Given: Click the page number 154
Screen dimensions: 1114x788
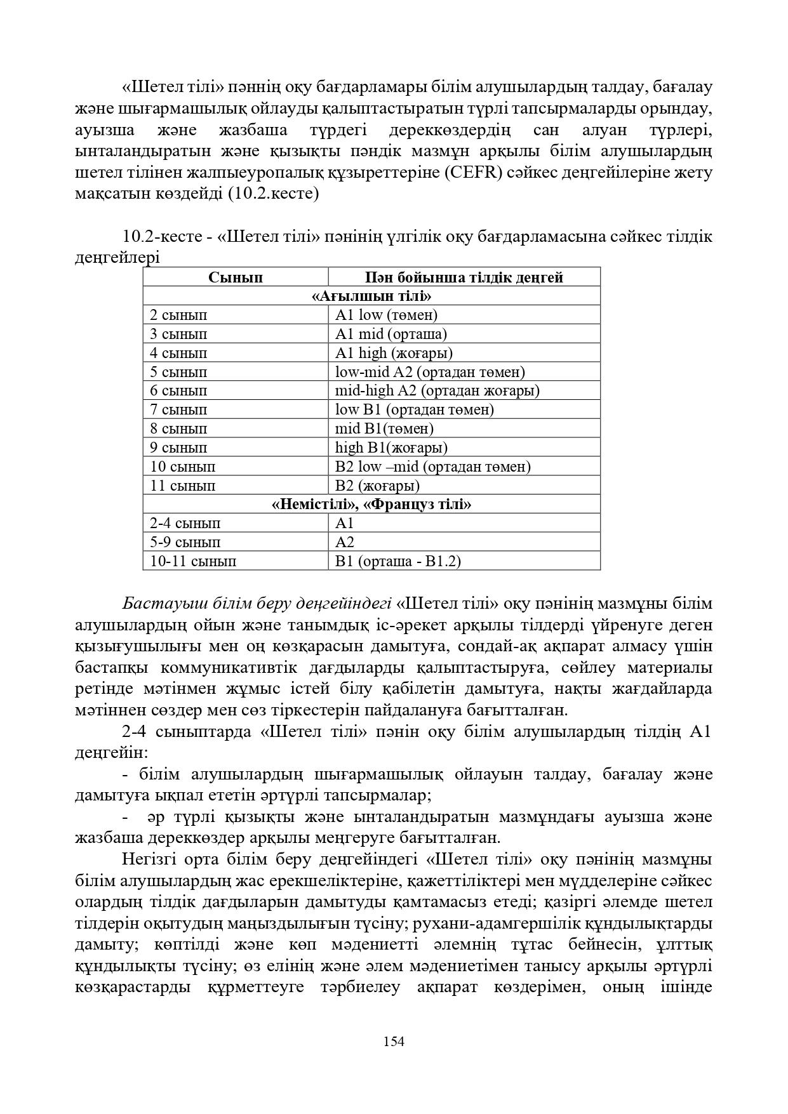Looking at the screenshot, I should tap(394, 1042).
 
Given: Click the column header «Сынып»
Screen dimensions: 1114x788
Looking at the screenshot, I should tap(235, 277).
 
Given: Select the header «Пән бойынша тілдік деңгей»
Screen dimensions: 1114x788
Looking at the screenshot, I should tap(464, 277).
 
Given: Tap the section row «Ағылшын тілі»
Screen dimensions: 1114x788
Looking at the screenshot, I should tap(371, 296).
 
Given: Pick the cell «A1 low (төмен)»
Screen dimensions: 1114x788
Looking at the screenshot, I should tap(386, 315).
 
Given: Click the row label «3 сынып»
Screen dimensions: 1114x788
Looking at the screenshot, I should tap(178, 334).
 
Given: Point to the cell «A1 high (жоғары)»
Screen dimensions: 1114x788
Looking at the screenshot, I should tap(394, 353).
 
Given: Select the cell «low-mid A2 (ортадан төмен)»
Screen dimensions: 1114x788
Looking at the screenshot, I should tap(430, 372).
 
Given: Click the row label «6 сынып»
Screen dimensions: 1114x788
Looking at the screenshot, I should tap(178, 391).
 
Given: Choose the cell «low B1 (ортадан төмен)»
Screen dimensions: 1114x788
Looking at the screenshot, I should tap(414, 409).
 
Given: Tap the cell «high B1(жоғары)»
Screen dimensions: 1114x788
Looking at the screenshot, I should tap(391, 448).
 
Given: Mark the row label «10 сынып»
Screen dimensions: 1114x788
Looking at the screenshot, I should tap(182, 467).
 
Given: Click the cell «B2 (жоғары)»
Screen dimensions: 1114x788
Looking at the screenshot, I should tap(377, 486).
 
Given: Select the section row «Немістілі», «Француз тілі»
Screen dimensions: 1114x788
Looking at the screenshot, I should tap(371, 505).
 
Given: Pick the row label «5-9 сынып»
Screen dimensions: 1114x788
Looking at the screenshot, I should tap(185, 542).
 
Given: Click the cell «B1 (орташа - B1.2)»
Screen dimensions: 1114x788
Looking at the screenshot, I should tap(398, 561).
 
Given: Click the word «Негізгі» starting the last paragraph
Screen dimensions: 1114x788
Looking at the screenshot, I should tap(147, 859).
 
